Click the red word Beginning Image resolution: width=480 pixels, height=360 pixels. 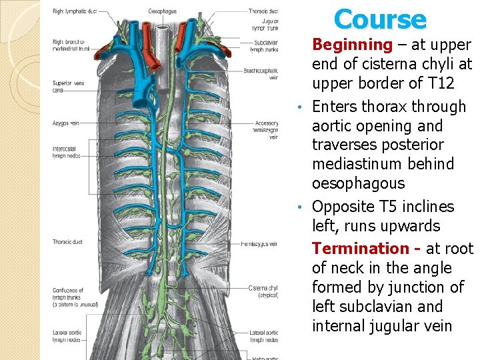[x=353, y=45]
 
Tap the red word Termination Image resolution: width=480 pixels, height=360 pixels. [x=360, y=249]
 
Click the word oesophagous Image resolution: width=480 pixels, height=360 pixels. [x=358, y=183]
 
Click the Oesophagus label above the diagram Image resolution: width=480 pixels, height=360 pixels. [x=163, y=11]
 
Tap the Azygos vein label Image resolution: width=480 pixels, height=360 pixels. [x=66, y=123]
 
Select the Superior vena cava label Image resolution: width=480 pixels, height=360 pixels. [x=67, y=86]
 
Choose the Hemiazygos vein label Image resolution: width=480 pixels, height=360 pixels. [x=261, y=244]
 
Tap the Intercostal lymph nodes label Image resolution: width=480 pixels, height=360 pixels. [x=67, y=152]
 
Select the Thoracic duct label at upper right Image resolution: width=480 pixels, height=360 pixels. [x=263, y=11]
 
